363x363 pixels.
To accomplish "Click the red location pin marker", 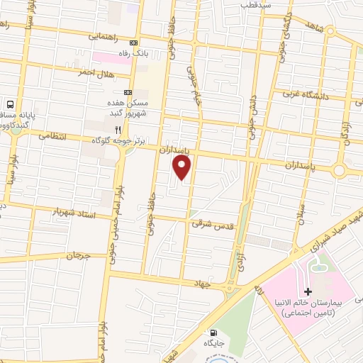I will (182, 167).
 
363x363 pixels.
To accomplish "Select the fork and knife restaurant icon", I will (118, 130).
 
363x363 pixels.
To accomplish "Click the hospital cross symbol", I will (307, 291).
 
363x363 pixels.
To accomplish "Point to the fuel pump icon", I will (213, 333).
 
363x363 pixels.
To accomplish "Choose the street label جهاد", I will (205, 283).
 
